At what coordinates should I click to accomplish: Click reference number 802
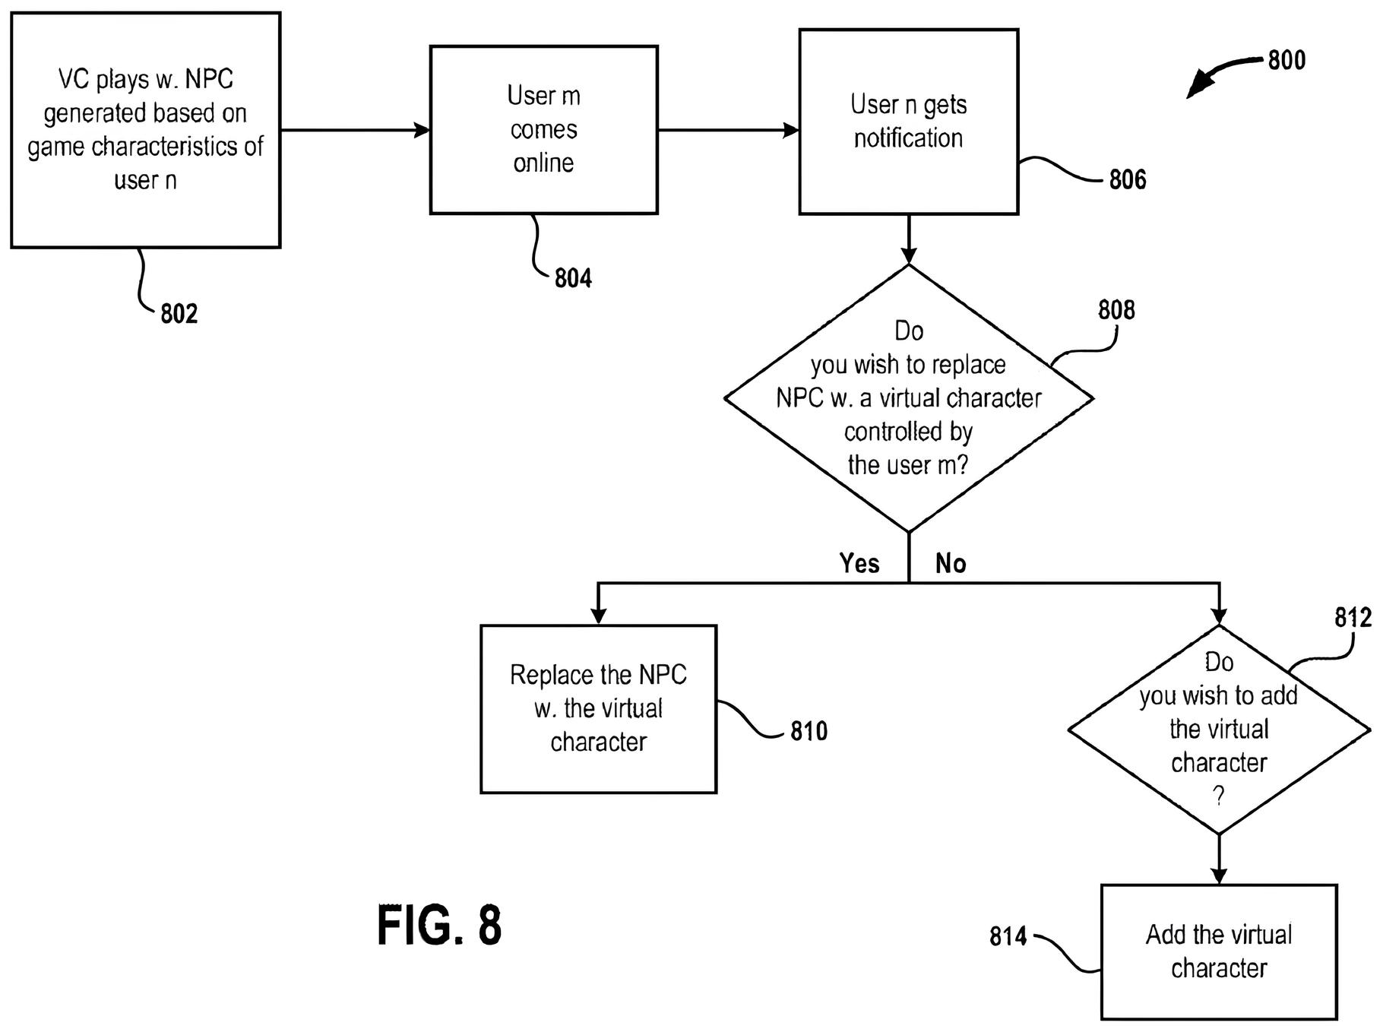(179, 313)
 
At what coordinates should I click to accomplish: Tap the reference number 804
(573, 278)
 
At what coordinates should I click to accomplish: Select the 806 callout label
(1128, 179)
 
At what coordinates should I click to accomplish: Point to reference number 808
(1116, 310)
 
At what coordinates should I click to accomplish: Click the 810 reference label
(809, 731)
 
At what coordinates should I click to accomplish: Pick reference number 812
(1353, 618)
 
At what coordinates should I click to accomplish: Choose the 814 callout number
(1008, 936)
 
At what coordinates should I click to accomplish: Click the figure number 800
(1286, 60)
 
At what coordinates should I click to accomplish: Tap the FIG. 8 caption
(439, 925)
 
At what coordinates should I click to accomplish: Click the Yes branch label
(859, 563)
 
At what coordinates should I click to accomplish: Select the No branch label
(951, 563)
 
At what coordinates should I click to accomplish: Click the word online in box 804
(543, 163)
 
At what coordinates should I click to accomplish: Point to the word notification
(908, 138)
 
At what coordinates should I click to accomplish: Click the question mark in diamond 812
(1218, 796)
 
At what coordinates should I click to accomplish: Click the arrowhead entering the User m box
(422, 130)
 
